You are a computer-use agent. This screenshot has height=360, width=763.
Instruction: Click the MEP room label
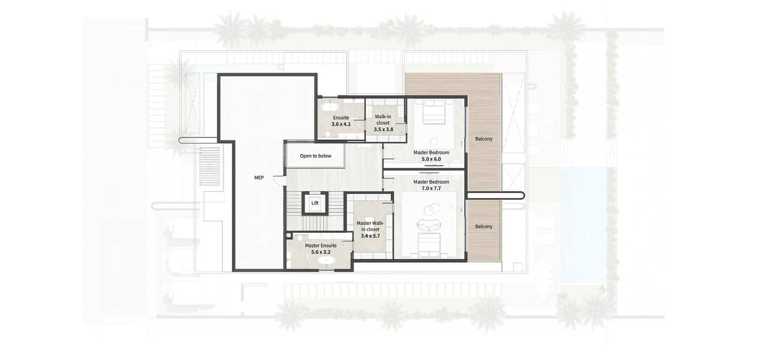click(259, 178)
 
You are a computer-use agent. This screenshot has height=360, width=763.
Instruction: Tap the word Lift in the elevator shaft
click(315, 203)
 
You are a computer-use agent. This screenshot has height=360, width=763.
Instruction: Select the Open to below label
click(315, 156)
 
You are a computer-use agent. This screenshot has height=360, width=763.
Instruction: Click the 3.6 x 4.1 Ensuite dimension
click(341, 124)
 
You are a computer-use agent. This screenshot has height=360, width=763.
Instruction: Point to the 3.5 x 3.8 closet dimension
click(384, 130)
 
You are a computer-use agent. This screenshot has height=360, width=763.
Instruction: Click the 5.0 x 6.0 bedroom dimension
click(431, 159)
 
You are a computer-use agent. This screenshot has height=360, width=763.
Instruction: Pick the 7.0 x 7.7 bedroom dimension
click(431, 188)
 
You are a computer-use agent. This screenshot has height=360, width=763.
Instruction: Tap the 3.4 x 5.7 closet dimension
click(370, 236)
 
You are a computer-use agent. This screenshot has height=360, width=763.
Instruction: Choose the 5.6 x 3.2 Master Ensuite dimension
click(321, 252)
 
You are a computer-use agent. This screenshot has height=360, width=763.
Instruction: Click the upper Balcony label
click(484, 139)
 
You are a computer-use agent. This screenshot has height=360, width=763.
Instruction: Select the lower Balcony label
click(484, 226)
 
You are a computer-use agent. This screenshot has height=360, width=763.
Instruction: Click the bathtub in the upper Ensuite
click(330, 107)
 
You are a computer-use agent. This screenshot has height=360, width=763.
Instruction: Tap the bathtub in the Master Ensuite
click(327, 261)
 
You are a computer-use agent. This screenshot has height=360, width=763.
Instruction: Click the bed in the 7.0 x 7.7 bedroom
click(430, 245)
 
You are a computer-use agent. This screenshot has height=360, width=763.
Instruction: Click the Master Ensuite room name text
click(321, 245)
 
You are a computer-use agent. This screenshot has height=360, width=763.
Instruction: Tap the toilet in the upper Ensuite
click(327, 134)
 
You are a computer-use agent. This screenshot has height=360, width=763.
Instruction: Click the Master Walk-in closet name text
click(370, 226)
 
